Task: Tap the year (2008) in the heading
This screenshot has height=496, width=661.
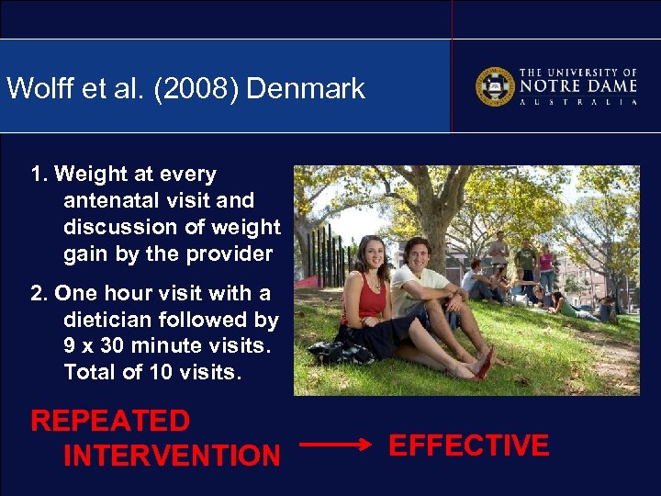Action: coord(196,89)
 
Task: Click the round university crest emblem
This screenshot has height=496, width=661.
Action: coord(494,86)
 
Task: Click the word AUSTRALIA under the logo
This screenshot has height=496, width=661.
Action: coord(578,103)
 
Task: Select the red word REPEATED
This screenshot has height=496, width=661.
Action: coord(110,422)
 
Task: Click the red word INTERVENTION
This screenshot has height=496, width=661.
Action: coord(172,456)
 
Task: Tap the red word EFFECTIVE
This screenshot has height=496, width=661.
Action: coord(469,446)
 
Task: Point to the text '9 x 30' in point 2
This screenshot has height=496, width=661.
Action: coord(97,346)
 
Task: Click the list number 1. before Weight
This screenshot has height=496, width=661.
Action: coord(39,175)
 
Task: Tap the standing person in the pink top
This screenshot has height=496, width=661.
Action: coord(547,266)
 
